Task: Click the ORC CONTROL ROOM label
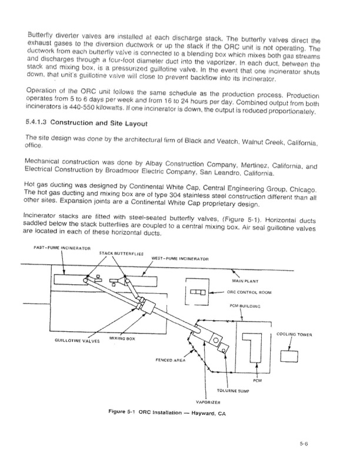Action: click(249, 292)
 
